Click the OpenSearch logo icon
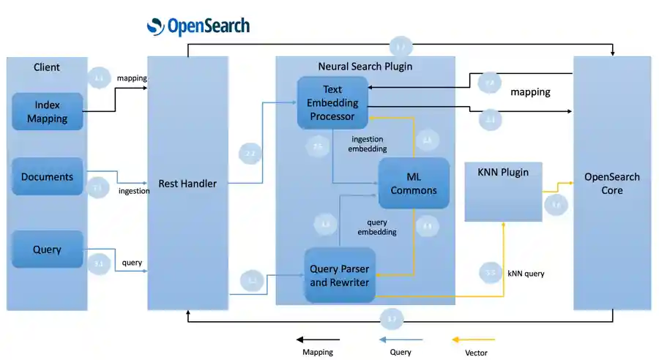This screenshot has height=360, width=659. point(155,27)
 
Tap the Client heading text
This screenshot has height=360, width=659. point(47,67)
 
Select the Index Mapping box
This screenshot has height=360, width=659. point(47,112)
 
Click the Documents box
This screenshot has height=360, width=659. point(47,176)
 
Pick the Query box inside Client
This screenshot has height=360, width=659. point(47,250)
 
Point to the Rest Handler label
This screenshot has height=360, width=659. point(187,184)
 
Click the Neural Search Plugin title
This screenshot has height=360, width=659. point(365,67)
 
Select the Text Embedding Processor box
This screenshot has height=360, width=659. point(332,103)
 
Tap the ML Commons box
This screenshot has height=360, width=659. point(414,184)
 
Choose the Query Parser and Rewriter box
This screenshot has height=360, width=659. point(340,276)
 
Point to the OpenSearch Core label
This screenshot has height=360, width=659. point(611,184)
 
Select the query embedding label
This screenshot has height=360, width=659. point(377,227)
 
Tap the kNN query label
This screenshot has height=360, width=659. point(526,274)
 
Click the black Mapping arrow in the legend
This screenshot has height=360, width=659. point(318,340)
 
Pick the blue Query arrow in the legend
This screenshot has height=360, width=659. point(401,340)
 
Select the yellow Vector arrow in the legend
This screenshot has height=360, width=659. point(474,340)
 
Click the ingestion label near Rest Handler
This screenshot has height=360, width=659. point(134,191)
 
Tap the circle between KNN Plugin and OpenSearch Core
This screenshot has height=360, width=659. point(556,206)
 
